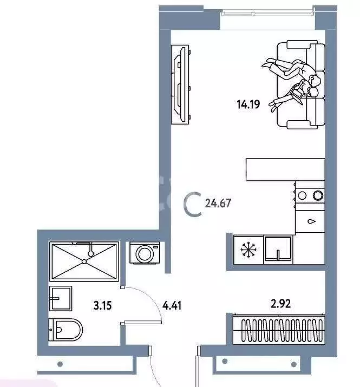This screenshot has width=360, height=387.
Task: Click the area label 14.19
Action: [248, 104]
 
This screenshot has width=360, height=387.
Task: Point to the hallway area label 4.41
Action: [172, 305]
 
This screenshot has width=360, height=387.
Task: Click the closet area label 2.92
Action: [280, 304]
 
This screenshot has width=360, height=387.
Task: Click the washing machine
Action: [145, 253]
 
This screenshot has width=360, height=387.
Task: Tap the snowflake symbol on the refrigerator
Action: [248, 250]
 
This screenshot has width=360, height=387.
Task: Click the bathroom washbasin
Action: [60, 298]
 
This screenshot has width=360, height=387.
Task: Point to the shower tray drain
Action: [84, 261]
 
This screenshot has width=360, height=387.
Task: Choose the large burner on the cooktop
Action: [318, 195]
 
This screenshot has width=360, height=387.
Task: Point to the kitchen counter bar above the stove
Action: [285, 170]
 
